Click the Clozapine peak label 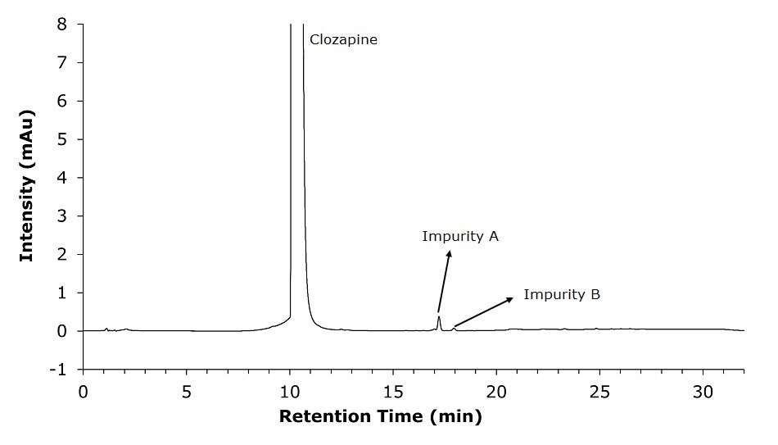(343, 39)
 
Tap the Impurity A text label (460, 237)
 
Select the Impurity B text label (562, 294)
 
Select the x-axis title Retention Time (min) (381, 416)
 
